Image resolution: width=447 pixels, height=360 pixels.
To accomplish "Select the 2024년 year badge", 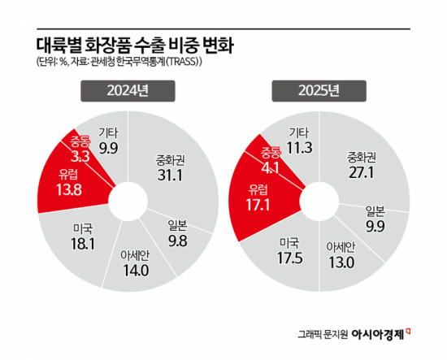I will [121, 92].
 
